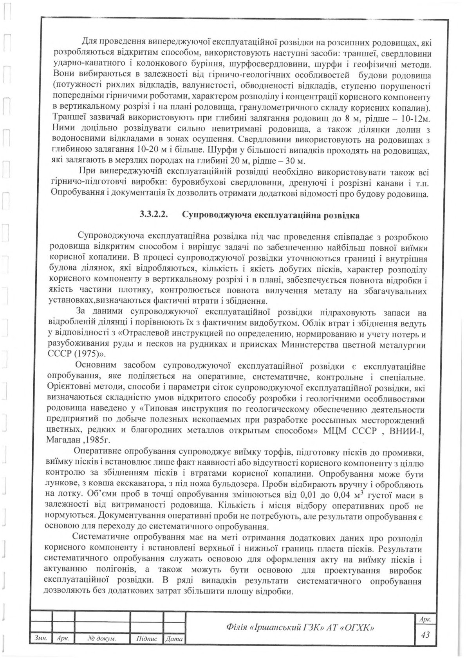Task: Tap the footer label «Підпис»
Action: click(146, 639)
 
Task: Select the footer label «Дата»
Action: click(174, 639)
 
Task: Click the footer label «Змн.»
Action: click(41, 639)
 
